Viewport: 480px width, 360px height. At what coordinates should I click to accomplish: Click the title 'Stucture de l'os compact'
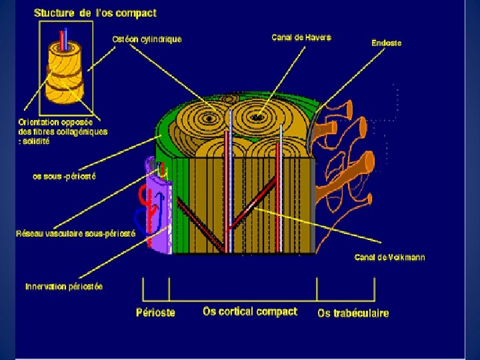coord(95,12)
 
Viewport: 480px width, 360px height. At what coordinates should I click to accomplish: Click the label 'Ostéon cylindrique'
coord(146,39)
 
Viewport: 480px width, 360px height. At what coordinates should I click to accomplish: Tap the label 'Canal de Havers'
coord(301,37)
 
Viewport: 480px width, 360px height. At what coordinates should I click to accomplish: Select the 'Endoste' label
coord(387,43)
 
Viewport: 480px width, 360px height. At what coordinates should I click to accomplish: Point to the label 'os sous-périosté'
coord(64,177)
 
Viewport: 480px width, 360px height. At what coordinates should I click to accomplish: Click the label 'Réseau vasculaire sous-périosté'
coord(75,233)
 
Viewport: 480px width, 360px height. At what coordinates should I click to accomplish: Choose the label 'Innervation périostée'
coord(64,287)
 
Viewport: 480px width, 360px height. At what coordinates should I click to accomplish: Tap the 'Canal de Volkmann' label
coord(389,257)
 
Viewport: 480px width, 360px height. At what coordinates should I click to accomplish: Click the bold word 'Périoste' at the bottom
coord(155,312)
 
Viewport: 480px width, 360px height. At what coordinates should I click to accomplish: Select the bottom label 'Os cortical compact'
coord(250,311)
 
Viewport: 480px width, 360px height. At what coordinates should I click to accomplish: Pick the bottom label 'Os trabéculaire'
coord(353,313)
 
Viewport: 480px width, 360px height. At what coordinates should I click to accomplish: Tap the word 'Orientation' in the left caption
coord(37,122)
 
